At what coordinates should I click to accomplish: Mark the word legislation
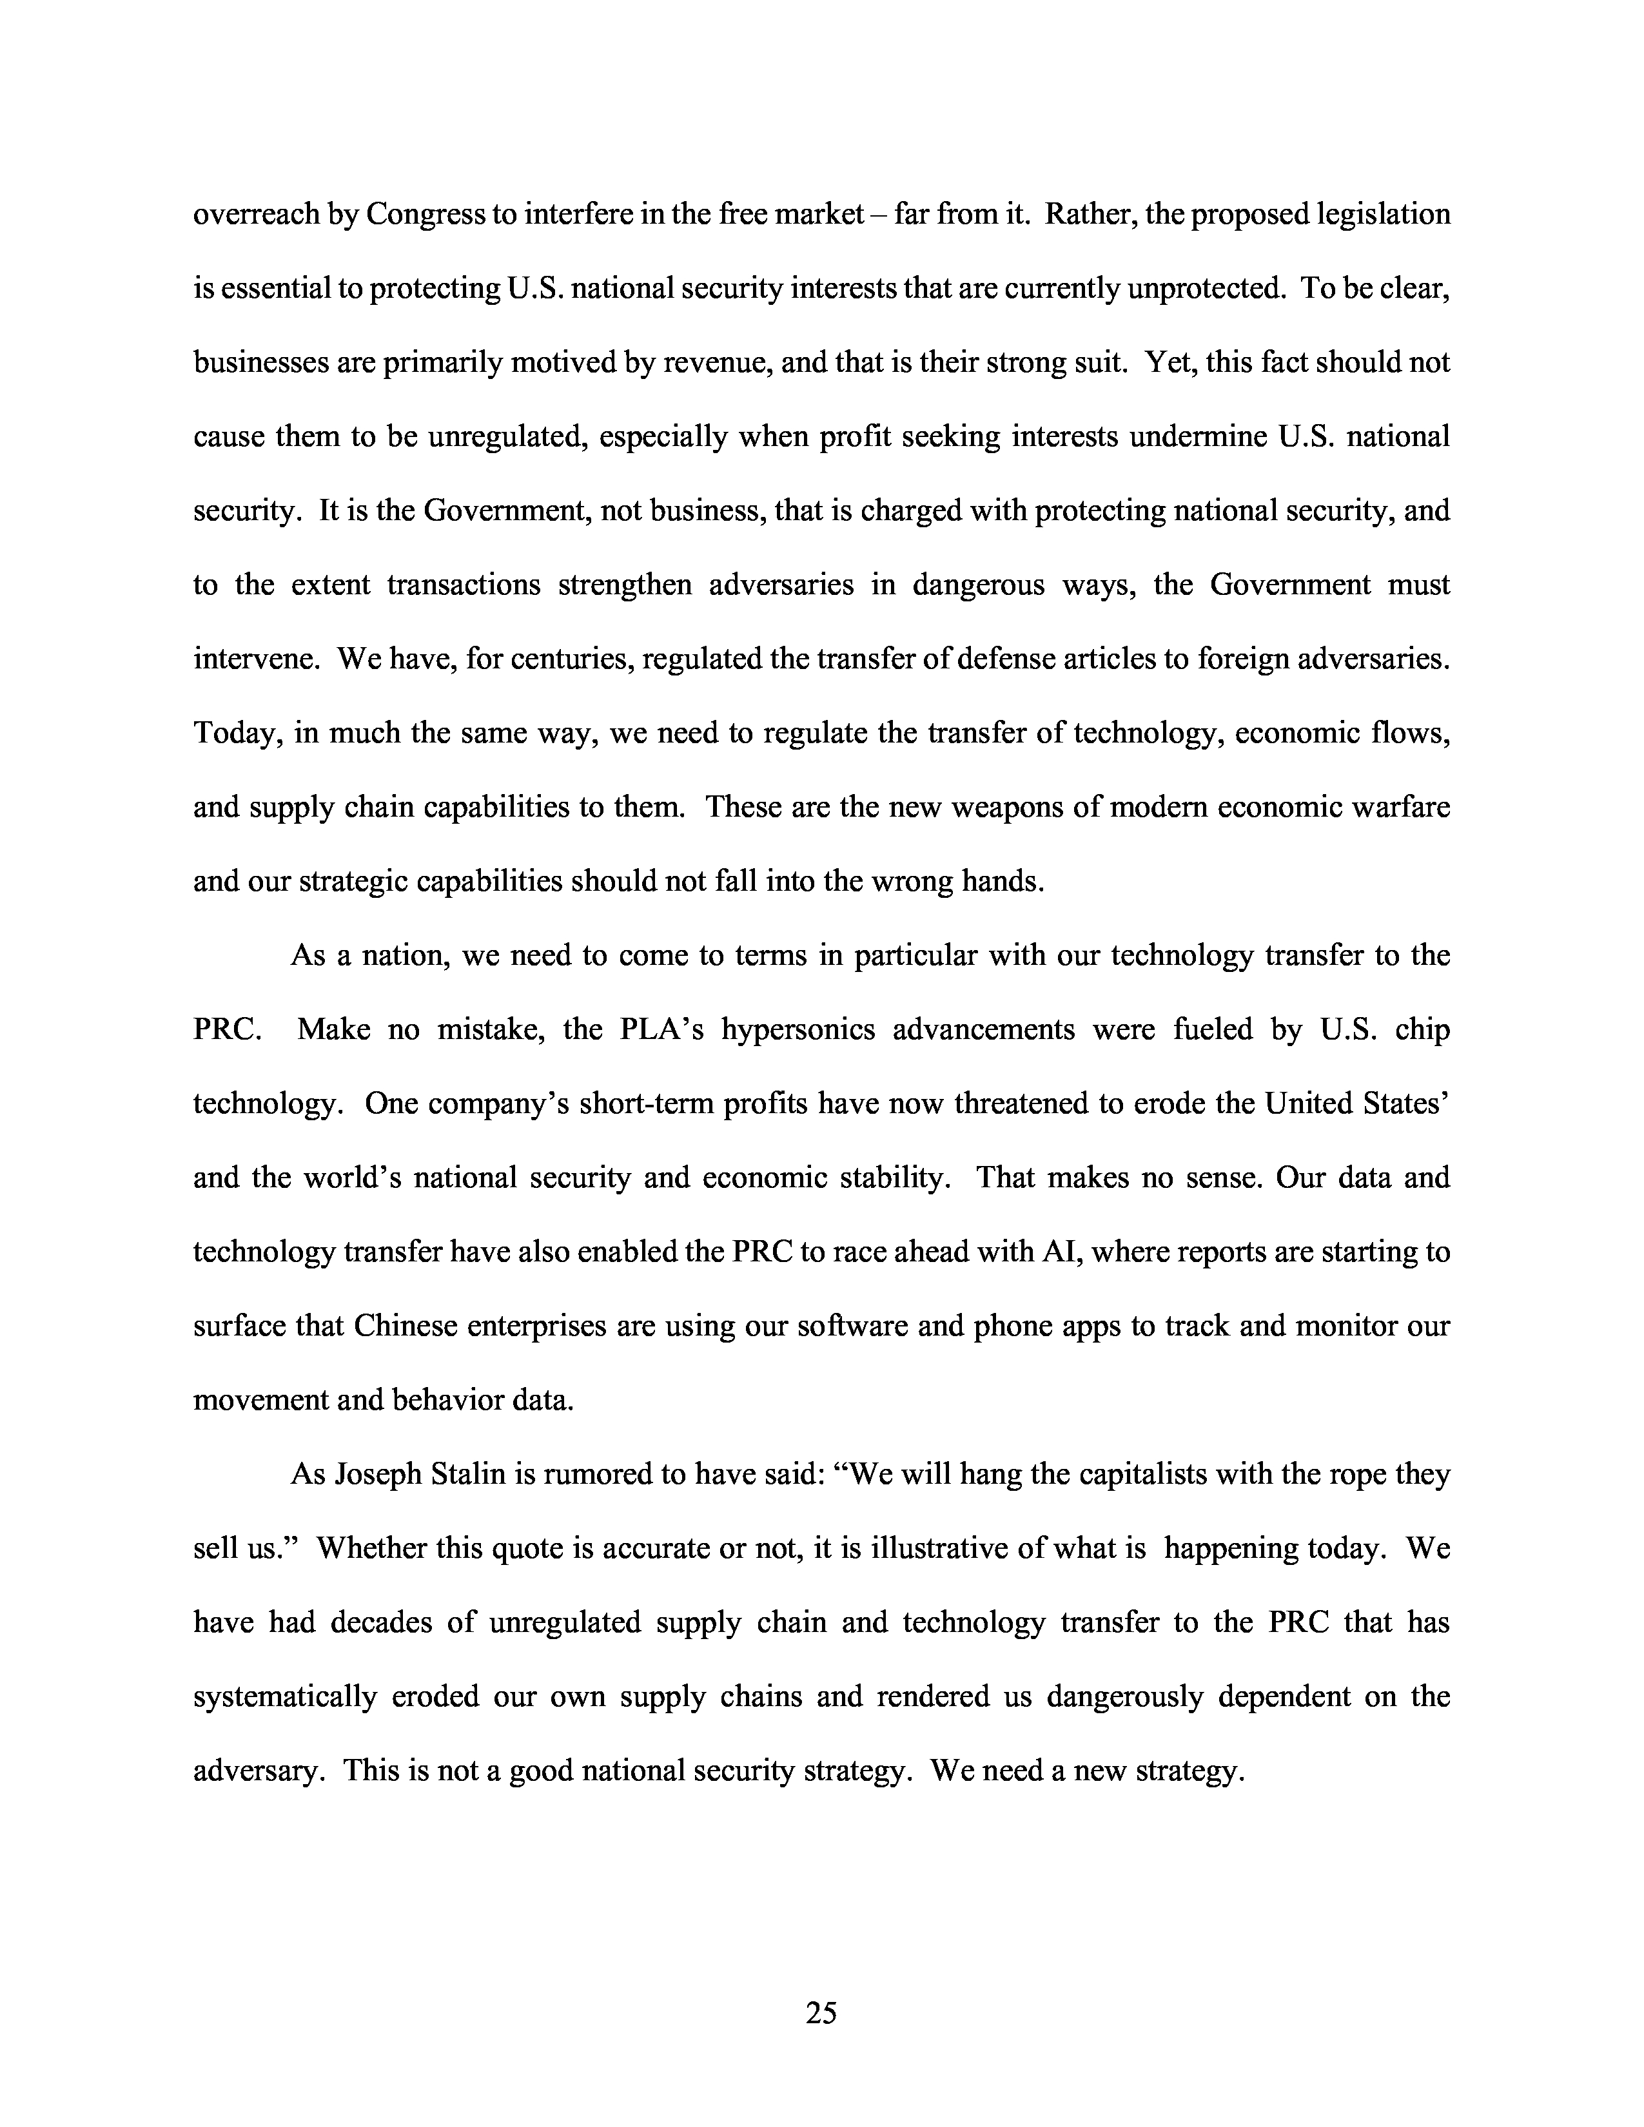[1383, 214]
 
